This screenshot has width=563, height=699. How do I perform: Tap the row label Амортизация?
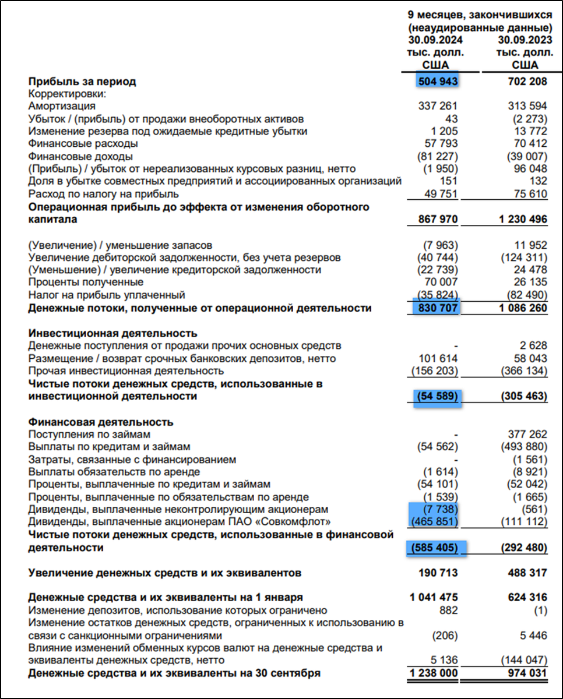pos(62,107)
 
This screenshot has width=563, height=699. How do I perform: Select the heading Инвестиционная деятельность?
pos(111,334)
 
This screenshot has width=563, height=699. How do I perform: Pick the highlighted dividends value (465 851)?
pos(435,521)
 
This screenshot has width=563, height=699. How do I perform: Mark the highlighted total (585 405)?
pos(435,548)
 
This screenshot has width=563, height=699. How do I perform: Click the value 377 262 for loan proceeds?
pos(528,434)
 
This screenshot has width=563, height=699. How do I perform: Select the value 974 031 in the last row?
pos(528,673)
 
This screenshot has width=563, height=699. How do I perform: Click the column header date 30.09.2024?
pos(435,40)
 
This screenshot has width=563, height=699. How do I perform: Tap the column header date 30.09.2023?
pos(525,40)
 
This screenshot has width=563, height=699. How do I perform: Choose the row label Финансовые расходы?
pos(83,144)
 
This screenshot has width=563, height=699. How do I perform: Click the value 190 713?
pos(438,573)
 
